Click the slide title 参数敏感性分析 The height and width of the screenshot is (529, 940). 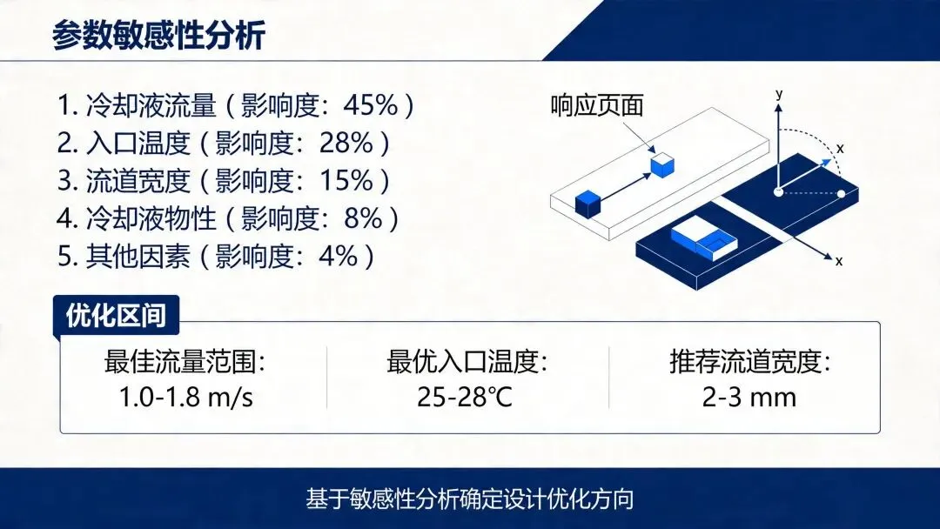[158, 35]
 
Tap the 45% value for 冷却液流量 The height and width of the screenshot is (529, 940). [371, 104]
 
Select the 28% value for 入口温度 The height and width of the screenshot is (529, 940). [346, 143]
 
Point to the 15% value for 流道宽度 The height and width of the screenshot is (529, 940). [346, 180]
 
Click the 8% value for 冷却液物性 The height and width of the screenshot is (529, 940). [363, 218]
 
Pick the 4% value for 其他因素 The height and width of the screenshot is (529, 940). [339, 256]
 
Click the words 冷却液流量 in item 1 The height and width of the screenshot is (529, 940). [151, 105]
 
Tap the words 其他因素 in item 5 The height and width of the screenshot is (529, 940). [138, 257]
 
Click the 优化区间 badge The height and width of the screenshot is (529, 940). [117, 314]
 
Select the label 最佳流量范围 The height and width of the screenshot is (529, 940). [185, 362]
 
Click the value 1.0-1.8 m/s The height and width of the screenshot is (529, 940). [186, 398]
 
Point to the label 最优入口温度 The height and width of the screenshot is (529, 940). [467, 362]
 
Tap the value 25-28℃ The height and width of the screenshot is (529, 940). [465, 398]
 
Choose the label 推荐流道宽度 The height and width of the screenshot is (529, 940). [750, 362]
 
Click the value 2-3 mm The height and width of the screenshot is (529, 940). [749, 398]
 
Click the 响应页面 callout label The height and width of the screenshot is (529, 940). [597, 106]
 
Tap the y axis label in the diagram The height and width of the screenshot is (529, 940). [779, 93]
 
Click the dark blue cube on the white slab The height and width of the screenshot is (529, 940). [588, 204]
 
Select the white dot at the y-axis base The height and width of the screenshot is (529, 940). [778, 191]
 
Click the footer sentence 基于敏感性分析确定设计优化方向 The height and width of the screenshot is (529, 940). [470, 499]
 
